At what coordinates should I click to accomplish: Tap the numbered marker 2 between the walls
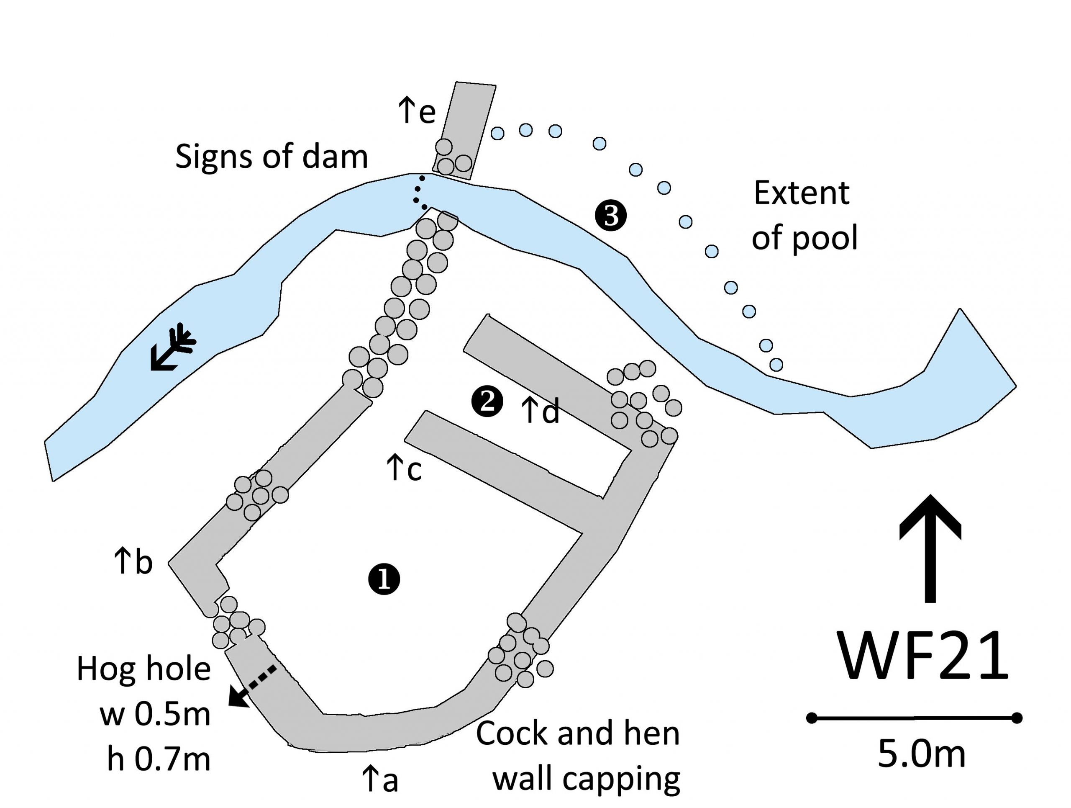coord(487,401)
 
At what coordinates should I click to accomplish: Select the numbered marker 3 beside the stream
coord(611,216)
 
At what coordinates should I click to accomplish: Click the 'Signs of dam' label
coord(271,157)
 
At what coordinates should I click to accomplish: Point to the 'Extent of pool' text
coord(804,216)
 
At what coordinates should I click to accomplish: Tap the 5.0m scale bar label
coord(921,754)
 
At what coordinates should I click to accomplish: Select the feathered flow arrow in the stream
coord(172,346)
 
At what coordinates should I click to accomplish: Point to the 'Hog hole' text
coord(144,669)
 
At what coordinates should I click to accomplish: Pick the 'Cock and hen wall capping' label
coord(579,756)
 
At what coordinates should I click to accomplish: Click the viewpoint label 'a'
coord(380,780)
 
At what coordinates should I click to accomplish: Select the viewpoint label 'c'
coord(404,469)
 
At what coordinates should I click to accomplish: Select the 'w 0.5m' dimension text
coord(156,714)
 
